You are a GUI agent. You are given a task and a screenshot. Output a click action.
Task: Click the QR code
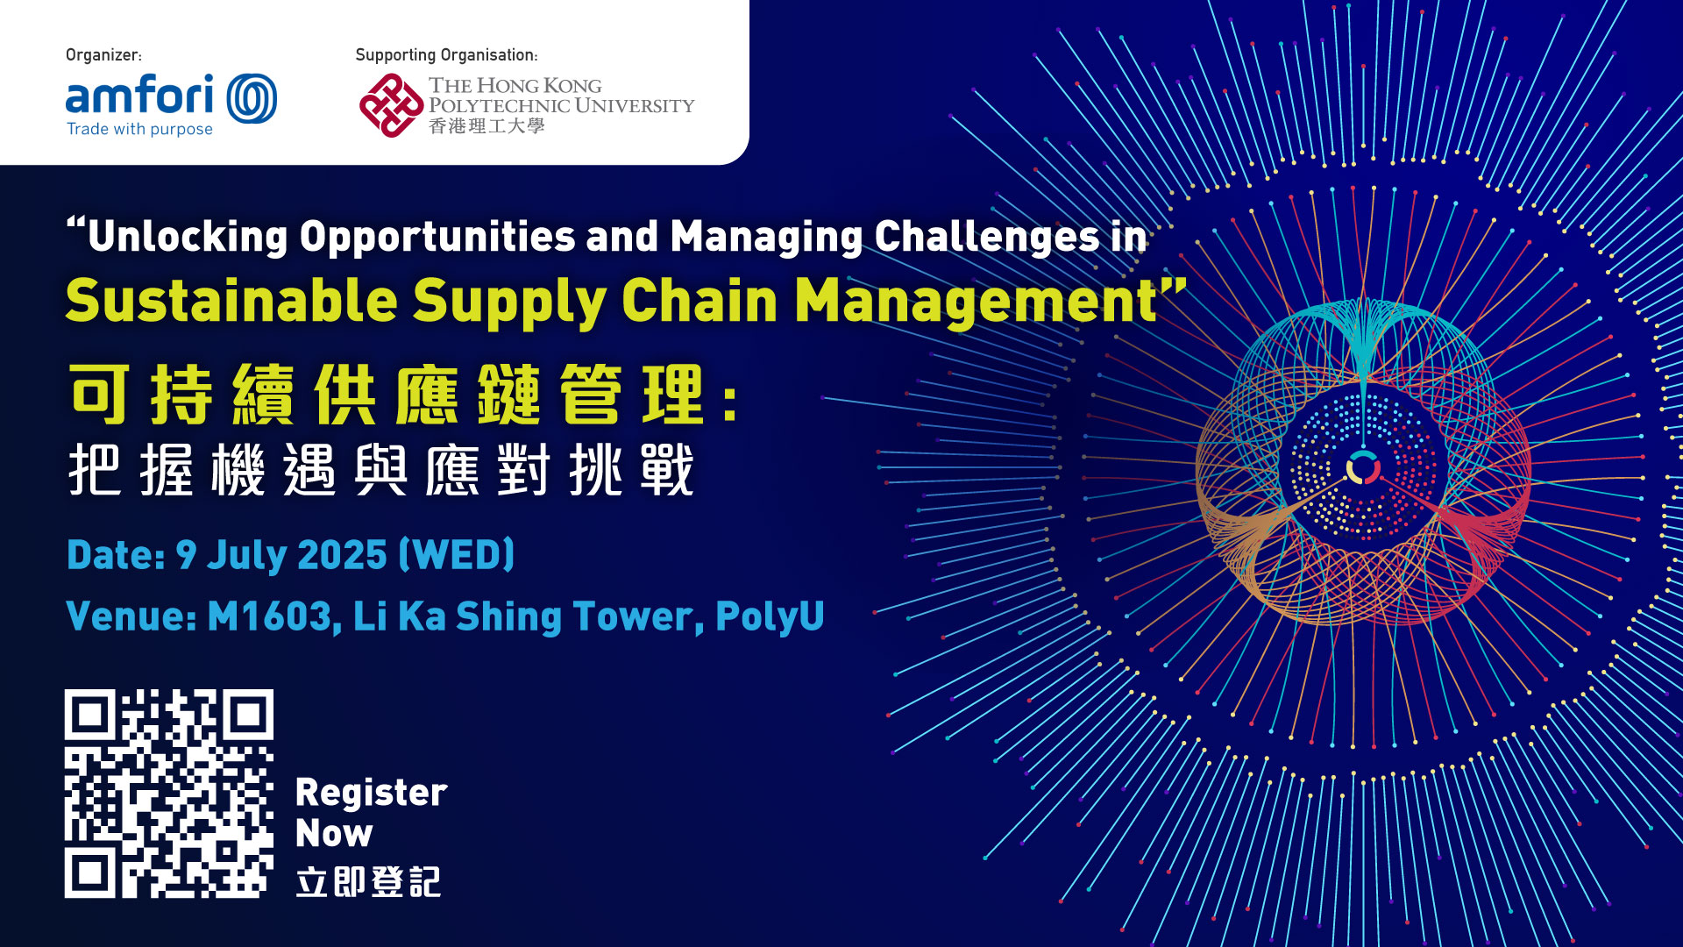pos(168,794)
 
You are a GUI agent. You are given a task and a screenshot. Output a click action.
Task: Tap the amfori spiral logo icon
pos(252,97)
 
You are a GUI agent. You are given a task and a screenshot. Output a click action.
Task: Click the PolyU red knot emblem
pos(391,105)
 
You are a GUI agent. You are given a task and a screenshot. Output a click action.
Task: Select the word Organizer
pos(102,54)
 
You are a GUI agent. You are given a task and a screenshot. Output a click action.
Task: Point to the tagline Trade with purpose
pos(139,129)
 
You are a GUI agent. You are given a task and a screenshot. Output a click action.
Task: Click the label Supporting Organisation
pos(445,54)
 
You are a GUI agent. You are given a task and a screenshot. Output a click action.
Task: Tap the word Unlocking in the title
pos(188,237)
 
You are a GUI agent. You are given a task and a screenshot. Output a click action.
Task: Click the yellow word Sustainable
pos(231,301)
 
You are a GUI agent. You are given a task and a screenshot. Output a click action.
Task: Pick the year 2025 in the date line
pos(343,555)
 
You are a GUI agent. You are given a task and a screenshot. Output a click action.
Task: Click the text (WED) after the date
pos(457,555)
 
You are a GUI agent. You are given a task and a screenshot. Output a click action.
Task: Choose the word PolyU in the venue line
pos(770,616)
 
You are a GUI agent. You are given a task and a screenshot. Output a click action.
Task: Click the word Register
pos(372,794)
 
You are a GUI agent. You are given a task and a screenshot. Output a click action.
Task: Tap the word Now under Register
pos(334,833)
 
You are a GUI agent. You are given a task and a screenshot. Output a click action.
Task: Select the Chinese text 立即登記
pos(368,881)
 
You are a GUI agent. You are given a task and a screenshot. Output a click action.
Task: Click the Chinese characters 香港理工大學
pos(486,126)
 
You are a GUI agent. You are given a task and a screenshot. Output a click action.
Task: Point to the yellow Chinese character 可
pos(101,394)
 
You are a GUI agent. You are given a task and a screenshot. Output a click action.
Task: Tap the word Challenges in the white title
pos(986,237)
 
